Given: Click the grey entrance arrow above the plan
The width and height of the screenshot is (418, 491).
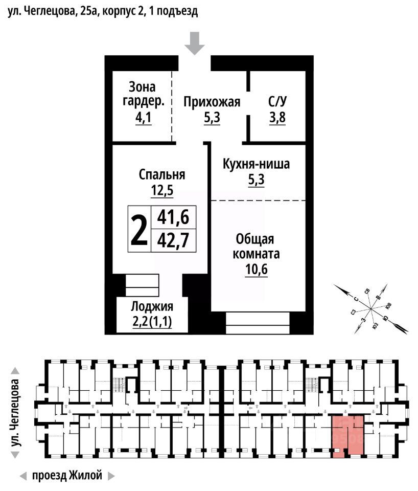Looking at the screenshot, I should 194,43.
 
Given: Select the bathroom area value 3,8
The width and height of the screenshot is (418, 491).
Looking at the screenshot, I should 277,118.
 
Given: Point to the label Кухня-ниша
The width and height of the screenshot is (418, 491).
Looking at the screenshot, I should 257,164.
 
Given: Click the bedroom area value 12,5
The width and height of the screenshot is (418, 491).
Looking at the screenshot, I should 162,191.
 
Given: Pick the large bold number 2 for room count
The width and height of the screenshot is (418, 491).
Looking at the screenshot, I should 139,229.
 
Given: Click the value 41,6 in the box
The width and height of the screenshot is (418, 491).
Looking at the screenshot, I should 173,218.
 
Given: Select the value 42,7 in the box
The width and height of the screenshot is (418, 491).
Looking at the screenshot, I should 173,240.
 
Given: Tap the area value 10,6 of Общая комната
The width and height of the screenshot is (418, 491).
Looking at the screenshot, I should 255,269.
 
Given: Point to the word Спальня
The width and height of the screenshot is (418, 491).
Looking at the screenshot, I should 162,175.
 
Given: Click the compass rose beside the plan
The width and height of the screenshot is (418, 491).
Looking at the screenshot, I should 371,309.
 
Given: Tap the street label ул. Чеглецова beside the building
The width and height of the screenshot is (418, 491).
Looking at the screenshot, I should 16,412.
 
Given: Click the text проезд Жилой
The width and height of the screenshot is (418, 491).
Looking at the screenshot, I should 67,475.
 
